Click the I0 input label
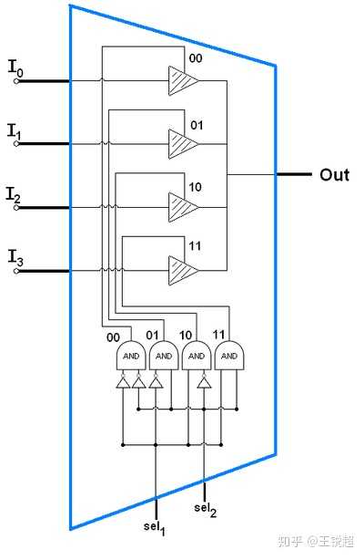pyautogui.click(x=15, y=68)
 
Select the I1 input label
pyautogui.click(x=15, y=131)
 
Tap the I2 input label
pyautogui.click(x=14, y=194)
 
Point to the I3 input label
pyautogui.click(x=15, y=258)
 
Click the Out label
pyautogui.click(x=334, y=174)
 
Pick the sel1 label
pyautogui.click(x=155, y=527)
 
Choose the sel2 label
pyautogui.click(x=205, y=509)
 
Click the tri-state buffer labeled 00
pyautogui.click(x=183, y=80)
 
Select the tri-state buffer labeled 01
pyautogui.click(x=183, y=144)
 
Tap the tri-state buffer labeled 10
pyautogui.click(x=183, y=207)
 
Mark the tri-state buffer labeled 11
pyautogui.click(x=183, y=270)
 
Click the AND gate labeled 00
pyautogui.click(x=131, y=355)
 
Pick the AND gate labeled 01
pyautogui.click(x=164, y=355)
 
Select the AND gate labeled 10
pyautogui.click(x=197, y=355)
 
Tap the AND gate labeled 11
pyautogui.click(x=229, y=355)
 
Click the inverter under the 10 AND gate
pyautogui.click(x=204, y=381)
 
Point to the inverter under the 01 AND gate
pyautogui.click(x=156, y=381)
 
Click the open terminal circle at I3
pyautogui.click(x=16, y=271)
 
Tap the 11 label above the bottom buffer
pyautogui.click(x=195, y=245)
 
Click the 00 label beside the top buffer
pyautogui.click(x=196, y=57)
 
